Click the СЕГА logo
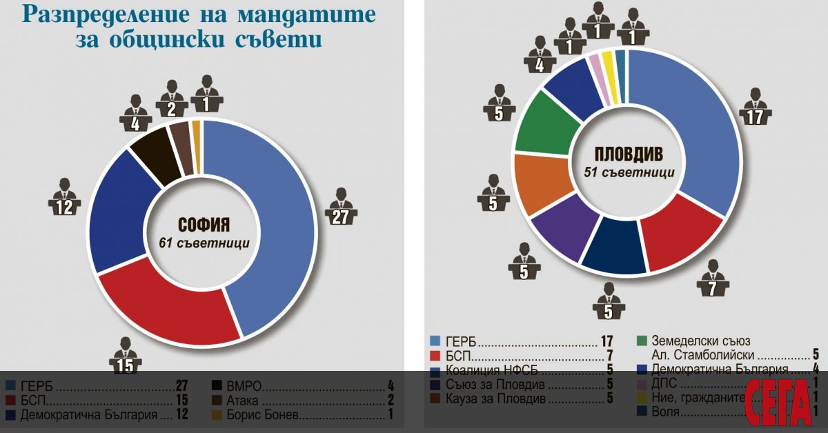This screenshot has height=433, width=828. (778, 402)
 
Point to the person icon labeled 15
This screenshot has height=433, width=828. (125, 357)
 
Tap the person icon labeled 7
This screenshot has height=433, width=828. (713, 279)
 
